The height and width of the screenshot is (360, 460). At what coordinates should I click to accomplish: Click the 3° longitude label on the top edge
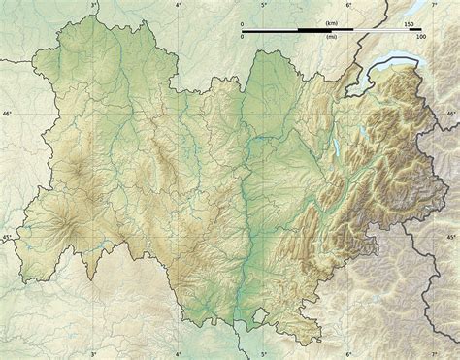tap(93, 5)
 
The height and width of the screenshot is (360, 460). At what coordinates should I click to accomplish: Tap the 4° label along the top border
tap(179, 5)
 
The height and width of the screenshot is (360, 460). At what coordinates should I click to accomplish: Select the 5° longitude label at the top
tap(264, 5)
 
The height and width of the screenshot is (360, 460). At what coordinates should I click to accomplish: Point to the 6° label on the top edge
tap(348, 5)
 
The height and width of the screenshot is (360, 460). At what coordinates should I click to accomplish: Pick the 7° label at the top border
tap(433, 5)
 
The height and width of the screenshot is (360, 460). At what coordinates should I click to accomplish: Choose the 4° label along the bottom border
tap(178, 354)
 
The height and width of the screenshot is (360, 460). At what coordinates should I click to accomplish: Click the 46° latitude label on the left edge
tap(6, 115)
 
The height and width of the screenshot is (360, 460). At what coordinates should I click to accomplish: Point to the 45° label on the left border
tap(6, 237)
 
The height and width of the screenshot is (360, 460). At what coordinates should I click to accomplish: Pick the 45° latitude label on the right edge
tap(451, 237)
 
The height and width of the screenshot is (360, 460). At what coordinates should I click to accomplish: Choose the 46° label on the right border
tap(451, 115)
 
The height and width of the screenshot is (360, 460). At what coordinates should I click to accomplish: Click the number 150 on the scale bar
tap(409, 24)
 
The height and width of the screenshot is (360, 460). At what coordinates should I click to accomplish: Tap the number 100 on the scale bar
tap(420, 37)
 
